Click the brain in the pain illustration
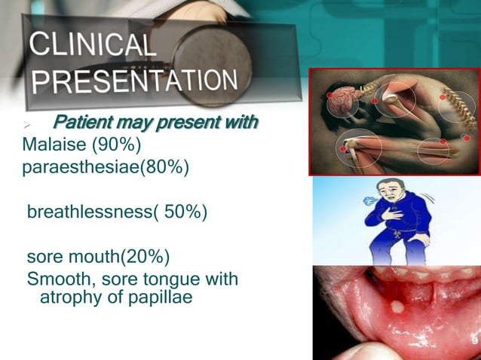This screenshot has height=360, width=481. [351, 99]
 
